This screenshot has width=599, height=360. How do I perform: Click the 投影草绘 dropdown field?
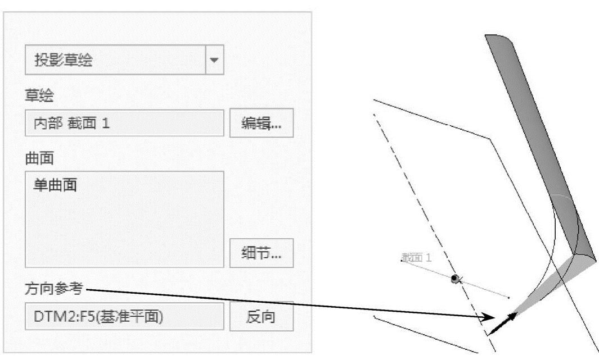coord(115,60)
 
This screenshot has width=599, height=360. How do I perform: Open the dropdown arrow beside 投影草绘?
coord(214,60)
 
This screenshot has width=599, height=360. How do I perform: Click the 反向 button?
coord(261,317)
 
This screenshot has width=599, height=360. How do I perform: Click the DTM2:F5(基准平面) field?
coord(124,317)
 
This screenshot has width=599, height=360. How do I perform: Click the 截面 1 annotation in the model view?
coord(417,258)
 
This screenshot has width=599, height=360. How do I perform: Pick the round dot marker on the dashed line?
coord(455,279)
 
